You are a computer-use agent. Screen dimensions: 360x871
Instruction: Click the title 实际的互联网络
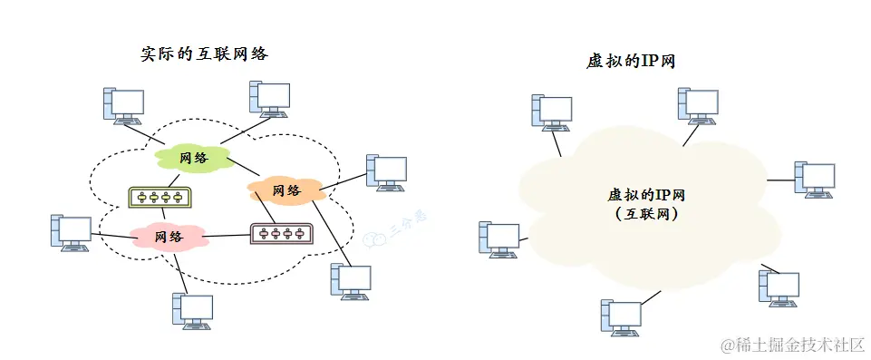(x=204, y=54)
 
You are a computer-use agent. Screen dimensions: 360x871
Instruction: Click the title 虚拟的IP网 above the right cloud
(x=633, y=62)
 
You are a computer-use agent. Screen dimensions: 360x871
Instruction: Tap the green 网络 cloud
(x=193, y=158)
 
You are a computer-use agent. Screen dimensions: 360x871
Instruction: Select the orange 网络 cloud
(x=286, y=190)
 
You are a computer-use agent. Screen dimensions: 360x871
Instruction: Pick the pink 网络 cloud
(x=169, y=237)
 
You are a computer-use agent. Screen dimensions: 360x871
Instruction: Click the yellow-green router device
(x=159, y=197)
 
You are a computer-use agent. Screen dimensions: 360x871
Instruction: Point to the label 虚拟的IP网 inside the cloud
(x=644, y=196)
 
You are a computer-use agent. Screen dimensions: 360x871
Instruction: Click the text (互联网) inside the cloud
(x=644, y=215)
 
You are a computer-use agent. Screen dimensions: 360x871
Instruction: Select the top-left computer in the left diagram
(x=121, y=104)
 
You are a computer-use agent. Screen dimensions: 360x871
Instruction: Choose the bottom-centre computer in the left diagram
(x=192, y=310)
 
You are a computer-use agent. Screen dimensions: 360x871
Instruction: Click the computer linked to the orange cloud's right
(x=385, y=171)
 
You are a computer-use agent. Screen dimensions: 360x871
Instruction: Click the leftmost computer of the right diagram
(x=498, y=238)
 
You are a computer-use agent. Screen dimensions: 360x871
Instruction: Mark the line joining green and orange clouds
(x=242, y=168)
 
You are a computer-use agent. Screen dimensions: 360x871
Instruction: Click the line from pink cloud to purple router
(x=226, y=236)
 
